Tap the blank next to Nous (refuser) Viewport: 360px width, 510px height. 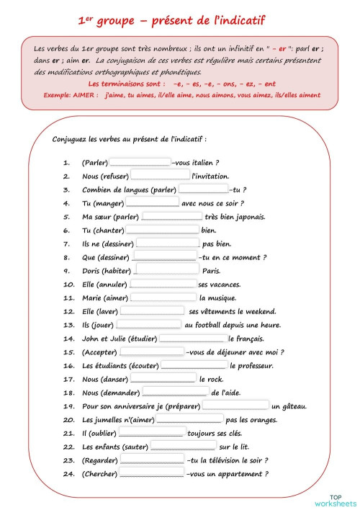(x=161, y=176)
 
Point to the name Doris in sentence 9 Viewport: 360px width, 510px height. (x=93, y=271)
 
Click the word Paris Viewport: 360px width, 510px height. (x=211, y=271)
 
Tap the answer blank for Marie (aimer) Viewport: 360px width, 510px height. (x=163, y=297)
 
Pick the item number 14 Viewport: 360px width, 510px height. (x=69, y=338)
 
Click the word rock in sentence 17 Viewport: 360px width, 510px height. (x=216, y=379)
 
